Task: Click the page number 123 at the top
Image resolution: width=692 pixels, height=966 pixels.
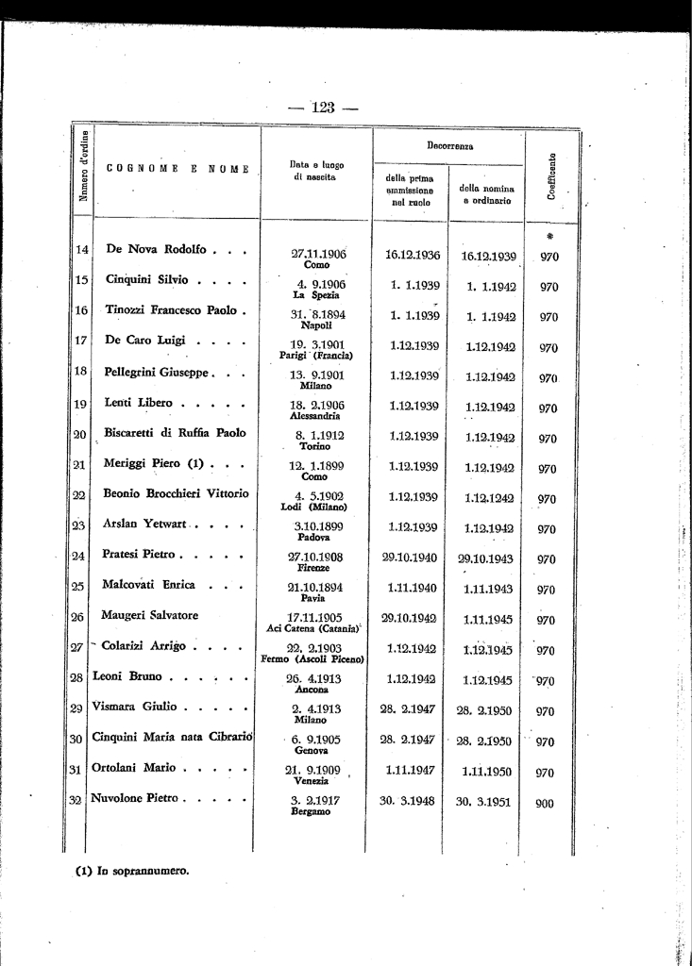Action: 323,107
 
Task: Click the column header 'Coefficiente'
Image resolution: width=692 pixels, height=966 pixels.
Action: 549,176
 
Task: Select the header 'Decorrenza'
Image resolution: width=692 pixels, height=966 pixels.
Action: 449,147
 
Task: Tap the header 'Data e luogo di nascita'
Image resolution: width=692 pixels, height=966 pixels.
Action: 316,171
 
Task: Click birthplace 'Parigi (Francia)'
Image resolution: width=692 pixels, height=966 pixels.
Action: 316,356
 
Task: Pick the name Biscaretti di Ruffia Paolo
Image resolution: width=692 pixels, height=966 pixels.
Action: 175,433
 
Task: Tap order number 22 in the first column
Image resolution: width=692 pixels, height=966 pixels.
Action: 79,495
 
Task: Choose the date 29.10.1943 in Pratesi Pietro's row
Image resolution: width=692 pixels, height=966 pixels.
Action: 485,558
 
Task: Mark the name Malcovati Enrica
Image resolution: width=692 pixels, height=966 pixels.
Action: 149,585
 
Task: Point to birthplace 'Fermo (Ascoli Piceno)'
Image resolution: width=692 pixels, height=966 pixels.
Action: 316,658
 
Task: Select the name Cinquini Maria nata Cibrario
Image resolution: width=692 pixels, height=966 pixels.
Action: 172,737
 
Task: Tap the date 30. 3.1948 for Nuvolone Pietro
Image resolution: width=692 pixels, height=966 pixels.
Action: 411,802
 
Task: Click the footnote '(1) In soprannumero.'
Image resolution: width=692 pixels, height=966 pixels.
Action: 132,871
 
